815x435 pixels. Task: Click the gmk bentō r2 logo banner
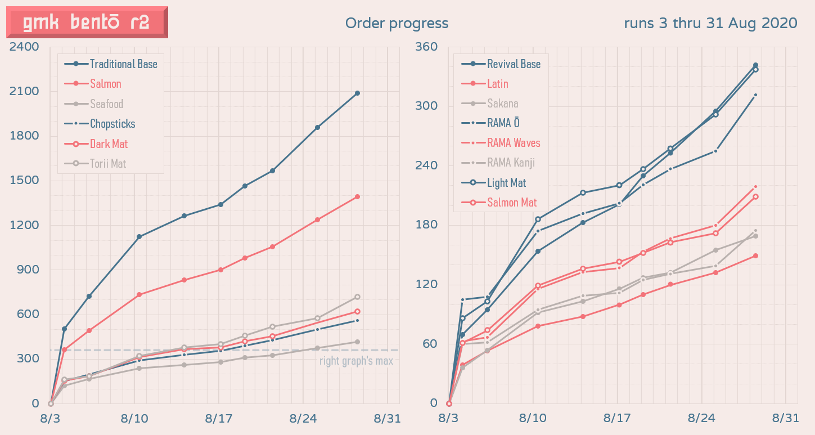tap(87, 23)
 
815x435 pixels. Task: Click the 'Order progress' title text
tap(397, 23)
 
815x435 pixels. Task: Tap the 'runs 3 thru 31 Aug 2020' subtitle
tap(710, 23)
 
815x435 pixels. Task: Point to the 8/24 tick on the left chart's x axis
tap(303, 419)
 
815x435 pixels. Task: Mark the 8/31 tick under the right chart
tap(785, 419)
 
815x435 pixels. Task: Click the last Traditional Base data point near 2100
tap(357, 93)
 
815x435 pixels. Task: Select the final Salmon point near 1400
tap(357, 196)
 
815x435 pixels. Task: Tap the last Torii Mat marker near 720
tap(357, 297)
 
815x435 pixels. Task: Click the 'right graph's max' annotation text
tap(356, 361)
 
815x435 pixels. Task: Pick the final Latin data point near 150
tap(755, 255)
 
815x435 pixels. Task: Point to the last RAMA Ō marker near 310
tap(755, 95)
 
